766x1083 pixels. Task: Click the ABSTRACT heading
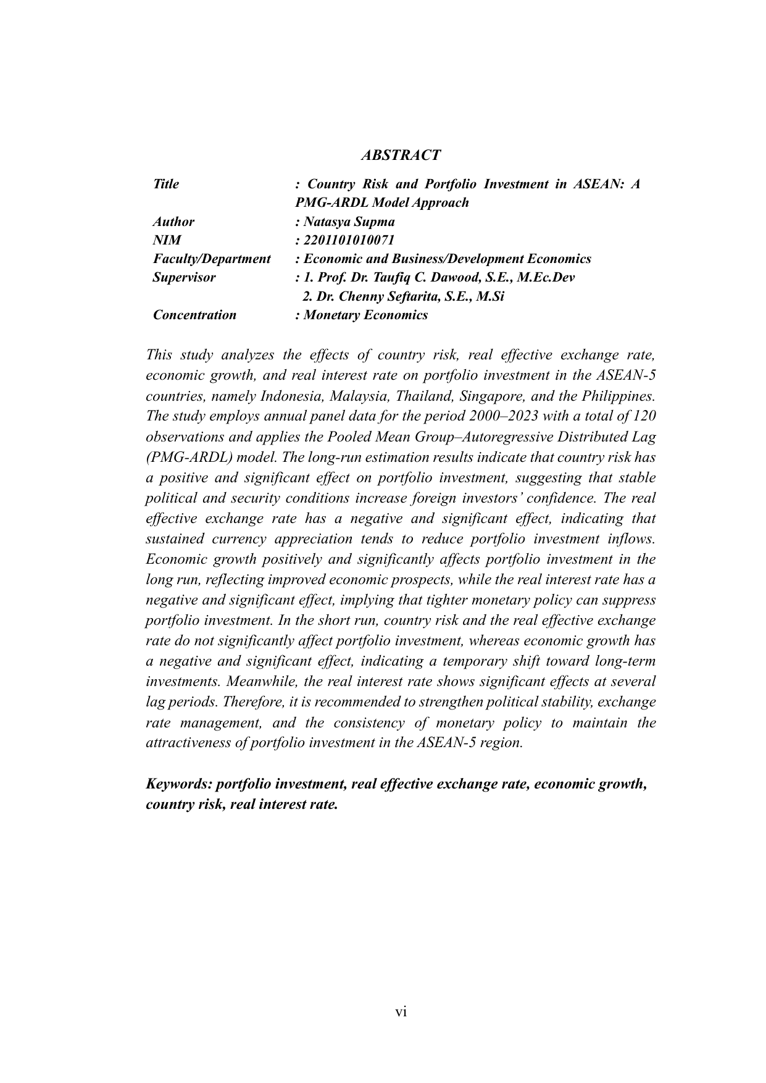point(401,155)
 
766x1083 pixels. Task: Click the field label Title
point(166,184)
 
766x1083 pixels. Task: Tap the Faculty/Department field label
point(212,259)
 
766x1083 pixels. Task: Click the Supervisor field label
point(185,277)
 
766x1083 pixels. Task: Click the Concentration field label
point(194,315)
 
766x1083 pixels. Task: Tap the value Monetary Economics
point(366,315)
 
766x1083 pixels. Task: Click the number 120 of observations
point(644,416)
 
